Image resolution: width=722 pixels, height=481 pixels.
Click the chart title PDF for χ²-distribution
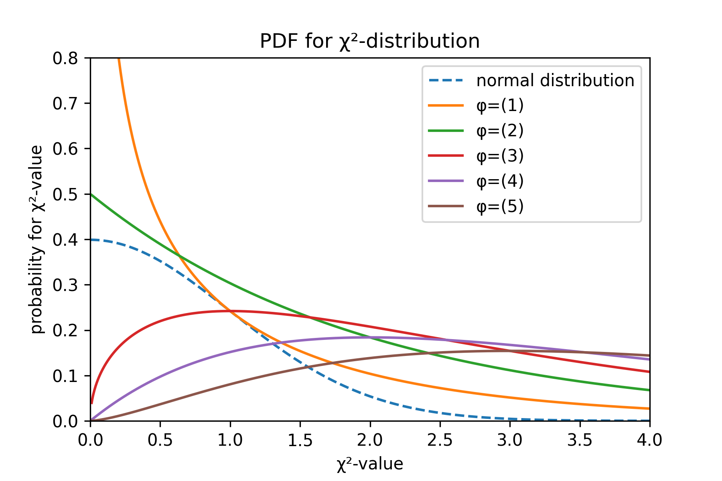click(x=369, y=41)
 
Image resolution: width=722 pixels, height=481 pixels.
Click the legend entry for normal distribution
click(x=555, y=81)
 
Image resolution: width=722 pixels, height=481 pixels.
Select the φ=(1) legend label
click(x=500, y=106)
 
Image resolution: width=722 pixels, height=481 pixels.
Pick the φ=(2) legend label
click(x=500, y=131)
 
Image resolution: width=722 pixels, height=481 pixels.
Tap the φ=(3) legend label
click(x=500, y=156)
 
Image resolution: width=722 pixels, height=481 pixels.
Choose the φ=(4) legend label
click(x=500, y=182)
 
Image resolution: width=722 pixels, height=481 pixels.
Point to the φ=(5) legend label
click(x=500, y=207)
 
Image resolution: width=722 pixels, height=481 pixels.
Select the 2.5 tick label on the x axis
click(x=440, y=440)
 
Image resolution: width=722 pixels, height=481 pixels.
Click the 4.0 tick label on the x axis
click(x=649, y=440)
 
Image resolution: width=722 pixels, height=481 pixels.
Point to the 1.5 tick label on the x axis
click(x=300, y=440)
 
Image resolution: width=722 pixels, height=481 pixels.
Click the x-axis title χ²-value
click(x=369, y=464)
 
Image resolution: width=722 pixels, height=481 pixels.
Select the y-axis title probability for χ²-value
click(x=37, y=239)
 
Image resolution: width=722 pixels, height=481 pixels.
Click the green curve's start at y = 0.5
click(x=91, y=194)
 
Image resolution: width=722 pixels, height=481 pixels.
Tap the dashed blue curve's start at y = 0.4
click(x=91, y=240)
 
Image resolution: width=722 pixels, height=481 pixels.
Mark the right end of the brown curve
click(x=649, y=356)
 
